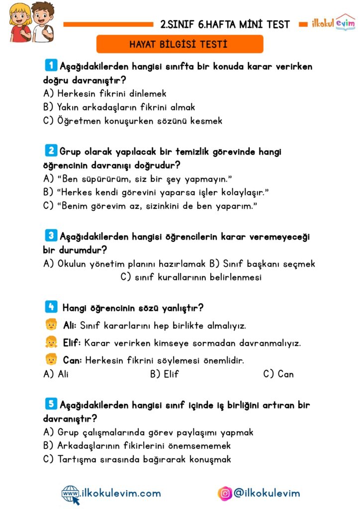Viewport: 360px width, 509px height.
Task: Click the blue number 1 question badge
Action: [x=50, y=65]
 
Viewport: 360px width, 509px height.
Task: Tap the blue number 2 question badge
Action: [x=50, y=151]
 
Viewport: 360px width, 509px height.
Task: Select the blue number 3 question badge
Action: [x=50, y=236]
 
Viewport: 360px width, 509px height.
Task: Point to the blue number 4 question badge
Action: [x=50, y=307]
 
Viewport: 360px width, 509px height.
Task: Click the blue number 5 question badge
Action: [x=50, y=404]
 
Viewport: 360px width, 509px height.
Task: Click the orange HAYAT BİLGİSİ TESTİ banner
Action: [x=179, y=44]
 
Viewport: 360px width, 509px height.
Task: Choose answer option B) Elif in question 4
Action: [x=164, y=374]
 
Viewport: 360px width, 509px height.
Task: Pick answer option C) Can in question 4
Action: [x=278, y=374]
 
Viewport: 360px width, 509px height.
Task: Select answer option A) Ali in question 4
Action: [x=56, y=374]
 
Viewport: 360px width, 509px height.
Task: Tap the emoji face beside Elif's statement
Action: [x=51, y=342]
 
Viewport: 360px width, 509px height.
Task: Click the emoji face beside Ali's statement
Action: [x=51, y=326]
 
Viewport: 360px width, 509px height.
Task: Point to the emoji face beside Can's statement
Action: [x=51, y=359]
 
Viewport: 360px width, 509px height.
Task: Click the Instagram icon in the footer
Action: [x=225, y=493]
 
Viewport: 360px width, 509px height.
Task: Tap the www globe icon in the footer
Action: [x=71, y=493]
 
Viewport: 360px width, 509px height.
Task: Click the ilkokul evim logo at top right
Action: [x=333, y=23]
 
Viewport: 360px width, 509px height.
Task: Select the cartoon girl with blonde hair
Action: [x=19, y=22]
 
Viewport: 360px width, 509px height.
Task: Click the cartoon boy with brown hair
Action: [x=42, y=22]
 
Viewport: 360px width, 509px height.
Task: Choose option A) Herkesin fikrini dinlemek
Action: [x=104, y=93]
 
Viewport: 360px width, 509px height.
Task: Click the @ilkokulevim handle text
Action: [x=267, y=493]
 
